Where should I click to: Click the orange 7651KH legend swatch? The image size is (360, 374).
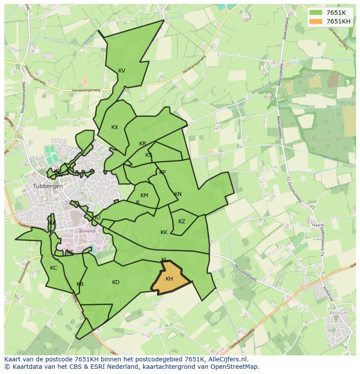click(316, 21)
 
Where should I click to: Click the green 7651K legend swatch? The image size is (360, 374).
click(316, 13)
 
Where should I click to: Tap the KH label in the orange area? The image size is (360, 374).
click(169, 279)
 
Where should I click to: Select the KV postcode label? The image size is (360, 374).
click(122, 71)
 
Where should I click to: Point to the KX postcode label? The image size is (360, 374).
click(115, 127)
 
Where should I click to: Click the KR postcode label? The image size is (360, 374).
click(143, 144)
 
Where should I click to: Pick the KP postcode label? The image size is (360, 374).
click(162, 172)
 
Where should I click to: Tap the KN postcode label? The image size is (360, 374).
click(178, 194)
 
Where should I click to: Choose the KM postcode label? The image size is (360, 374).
click(144, 195)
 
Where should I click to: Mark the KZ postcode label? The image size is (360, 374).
click(182, 222)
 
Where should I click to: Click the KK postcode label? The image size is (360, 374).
click(164, 232)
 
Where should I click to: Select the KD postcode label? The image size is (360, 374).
click(116, 282)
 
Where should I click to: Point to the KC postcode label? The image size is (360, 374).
click(53, 268)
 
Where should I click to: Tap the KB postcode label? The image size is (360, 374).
click(80, 284)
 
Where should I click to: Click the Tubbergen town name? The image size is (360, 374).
click(48, 186)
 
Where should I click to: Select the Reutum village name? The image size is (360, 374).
click(339, 313)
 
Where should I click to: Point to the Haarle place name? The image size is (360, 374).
click(318, 225)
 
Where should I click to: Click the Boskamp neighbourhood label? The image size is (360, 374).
click(87, 231)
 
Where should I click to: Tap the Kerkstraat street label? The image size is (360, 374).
click(327, 293)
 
